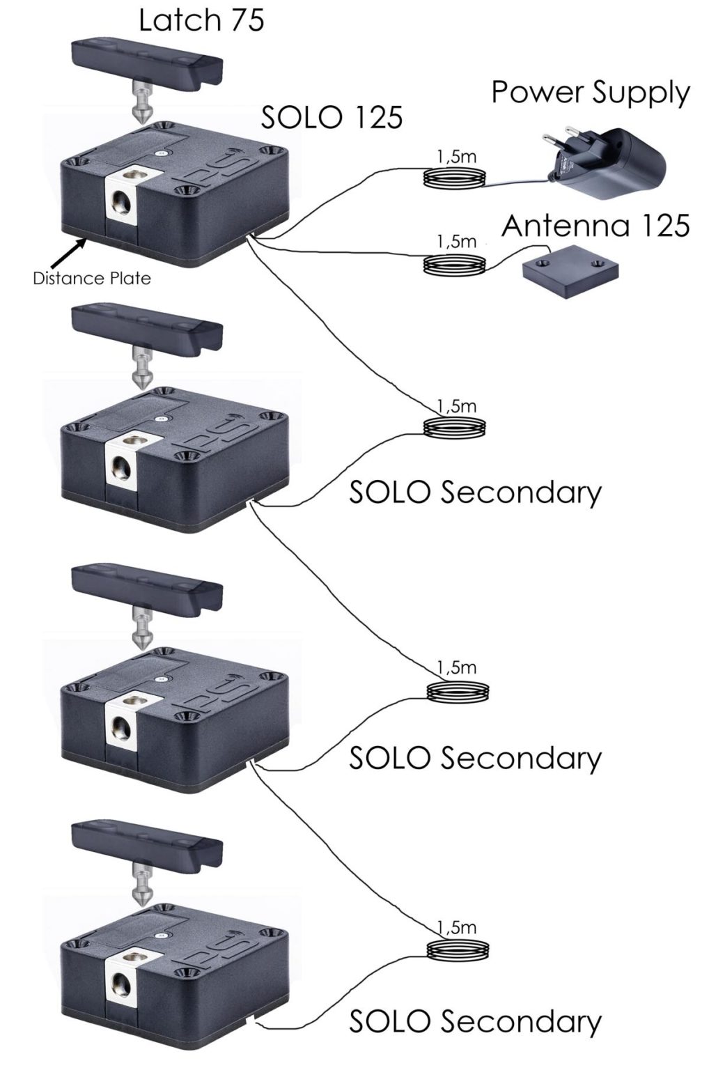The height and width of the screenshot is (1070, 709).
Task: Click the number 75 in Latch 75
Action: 244,20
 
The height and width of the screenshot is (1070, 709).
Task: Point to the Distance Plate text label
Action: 91,279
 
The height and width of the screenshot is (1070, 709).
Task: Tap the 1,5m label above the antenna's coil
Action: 456,241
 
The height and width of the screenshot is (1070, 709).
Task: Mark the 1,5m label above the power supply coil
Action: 456,156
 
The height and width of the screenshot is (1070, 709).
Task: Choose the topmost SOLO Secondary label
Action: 475,493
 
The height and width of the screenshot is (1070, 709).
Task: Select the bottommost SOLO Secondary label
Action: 475,1021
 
